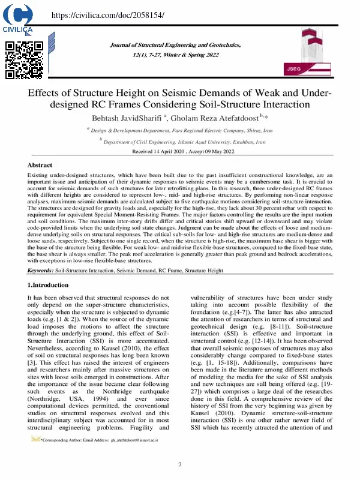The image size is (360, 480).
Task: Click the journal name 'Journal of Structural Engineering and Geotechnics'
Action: pos(175,46)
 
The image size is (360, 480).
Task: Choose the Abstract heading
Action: pos(40,164)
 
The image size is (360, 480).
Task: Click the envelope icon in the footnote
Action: pos(35,440)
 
